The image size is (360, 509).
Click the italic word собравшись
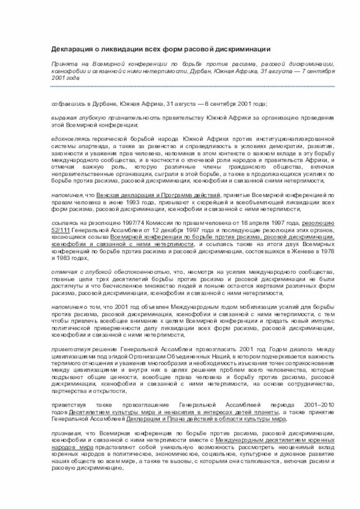[x=68, y=105]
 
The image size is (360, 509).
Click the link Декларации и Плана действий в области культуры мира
[x=206, y=419]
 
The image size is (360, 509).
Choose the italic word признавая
[x=66, y=434]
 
